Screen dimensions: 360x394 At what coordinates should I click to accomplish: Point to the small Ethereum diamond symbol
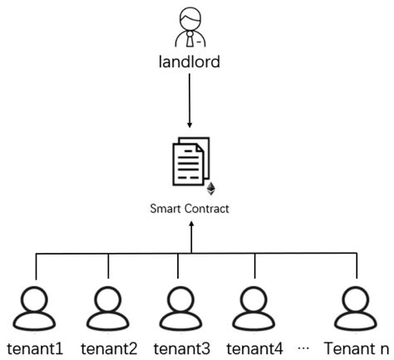click(x=211, y=189)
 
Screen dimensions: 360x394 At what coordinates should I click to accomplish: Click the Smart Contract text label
click(x=190, y=209)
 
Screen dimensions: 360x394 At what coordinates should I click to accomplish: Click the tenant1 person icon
click(x=37, y=310)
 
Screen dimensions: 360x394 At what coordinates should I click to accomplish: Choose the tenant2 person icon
click(x=109, y=310)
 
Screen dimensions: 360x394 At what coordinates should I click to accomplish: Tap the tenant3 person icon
click(x=180, y=310)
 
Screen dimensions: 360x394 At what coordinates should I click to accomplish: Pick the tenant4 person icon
click(x=254, y=310)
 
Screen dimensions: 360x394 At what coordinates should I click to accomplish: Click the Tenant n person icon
click(x=355, y=310)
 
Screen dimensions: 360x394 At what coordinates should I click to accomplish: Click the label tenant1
click(x=35, y=348)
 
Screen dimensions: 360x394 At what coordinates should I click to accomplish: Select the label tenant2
click(x=108, y=348)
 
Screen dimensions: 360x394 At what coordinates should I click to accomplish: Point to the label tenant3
click(x=180, y=348)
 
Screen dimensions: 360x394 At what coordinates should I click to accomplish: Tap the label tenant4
click(x=254, y=348)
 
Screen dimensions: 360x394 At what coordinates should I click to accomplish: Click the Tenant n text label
click(x=357, y=348)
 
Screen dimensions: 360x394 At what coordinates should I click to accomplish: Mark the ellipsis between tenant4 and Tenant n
click(x=303, y=348)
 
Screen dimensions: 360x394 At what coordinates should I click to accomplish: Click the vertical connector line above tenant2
click(x=109, y=266)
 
